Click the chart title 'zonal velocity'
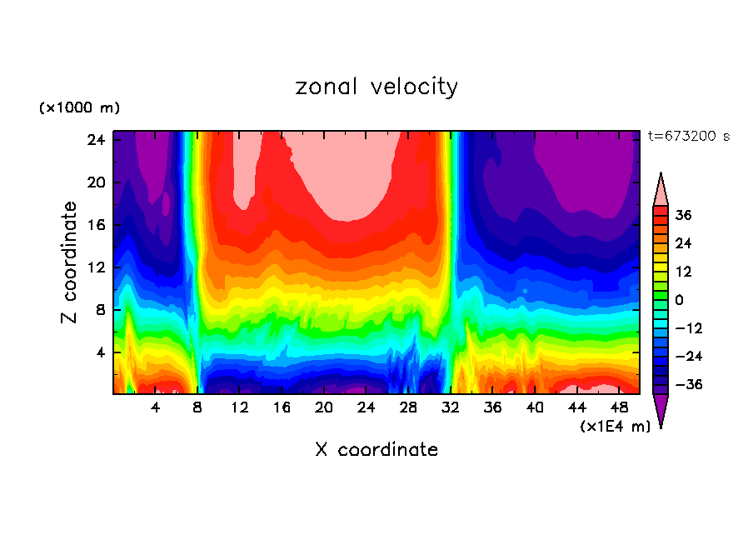(376, 87)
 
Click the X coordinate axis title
(376, 450)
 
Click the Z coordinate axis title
(70, 262)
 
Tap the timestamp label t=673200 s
(688, 136)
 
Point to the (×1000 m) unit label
(79, 108)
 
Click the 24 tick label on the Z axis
(94, 140)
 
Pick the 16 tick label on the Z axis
(94, 225)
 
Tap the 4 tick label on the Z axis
(98, 352)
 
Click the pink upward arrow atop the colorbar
(661, 190)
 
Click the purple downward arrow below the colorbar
(661, 410)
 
